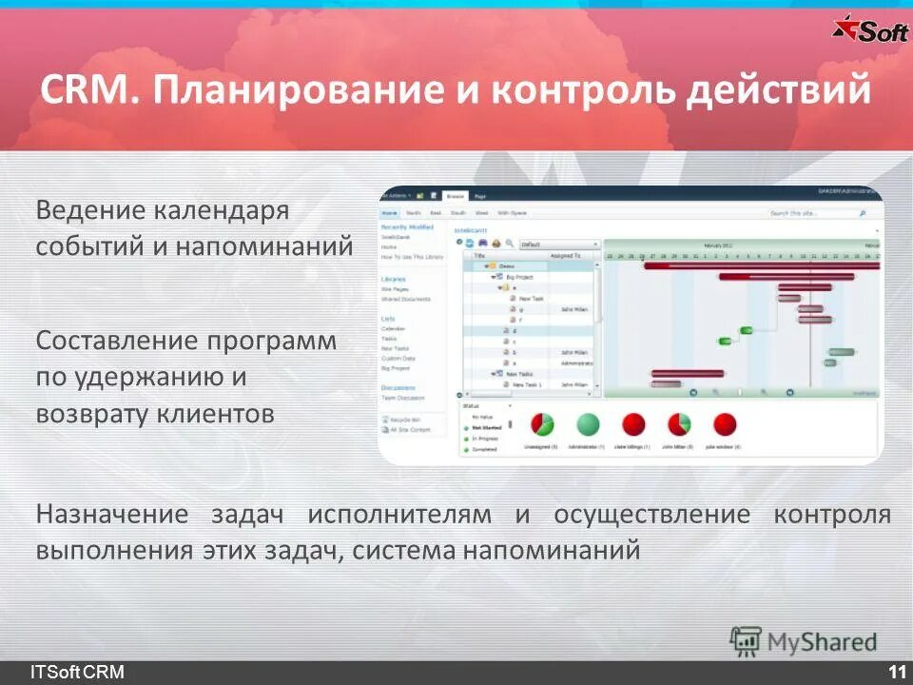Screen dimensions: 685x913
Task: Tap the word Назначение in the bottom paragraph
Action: [x=113, y=515]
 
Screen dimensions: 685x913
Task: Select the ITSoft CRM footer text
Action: [x=76, y=673]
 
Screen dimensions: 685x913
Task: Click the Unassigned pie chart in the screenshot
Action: [x=541, y=423]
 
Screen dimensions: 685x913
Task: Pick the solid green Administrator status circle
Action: [x=589, y=423]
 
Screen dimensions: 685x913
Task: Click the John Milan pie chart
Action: [x=679, y=423]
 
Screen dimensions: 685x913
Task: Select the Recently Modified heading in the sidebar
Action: [x=407, y=227]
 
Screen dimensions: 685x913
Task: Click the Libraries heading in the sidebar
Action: [x=394, y=279]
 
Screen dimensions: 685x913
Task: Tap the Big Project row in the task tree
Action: [x=519, y=277]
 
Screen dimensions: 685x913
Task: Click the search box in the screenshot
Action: [x=813, y=214]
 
